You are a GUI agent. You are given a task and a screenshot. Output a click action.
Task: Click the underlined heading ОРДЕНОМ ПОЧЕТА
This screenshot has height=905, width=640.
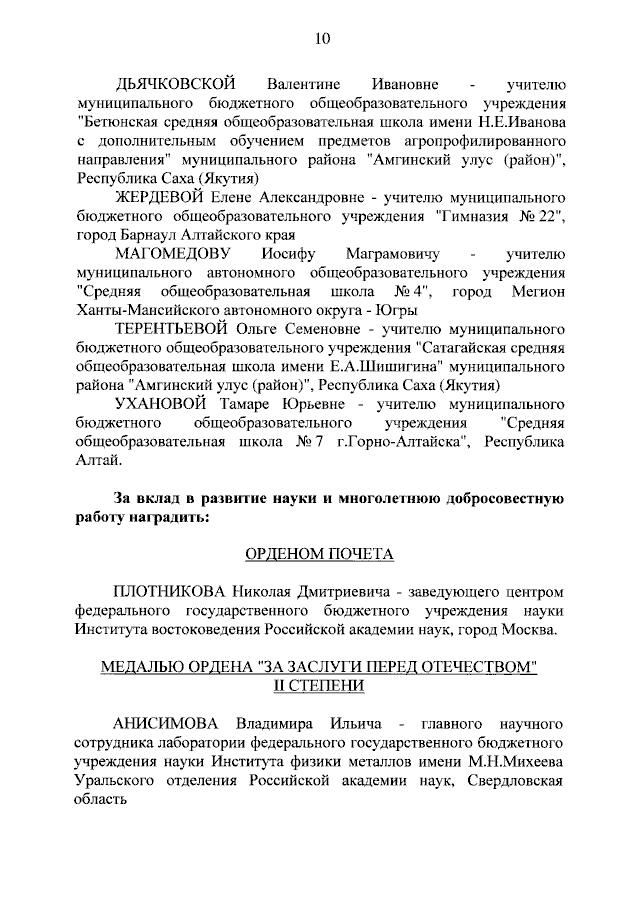[x=320, y=553]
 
